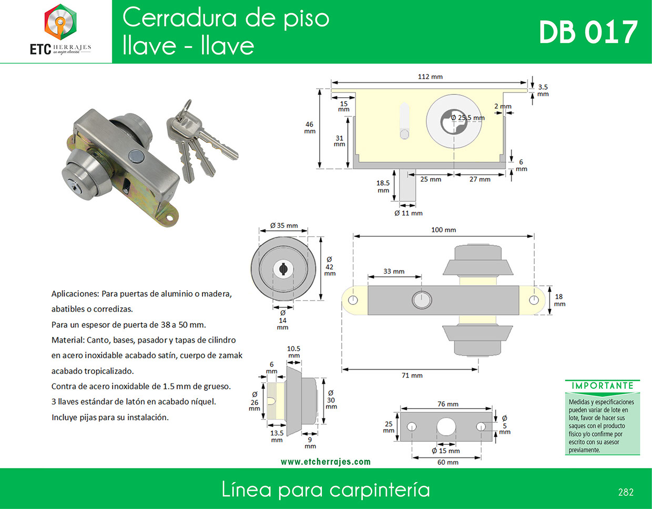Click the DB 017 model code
coord(588,32)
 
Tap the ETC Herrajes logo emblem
coord(60,22)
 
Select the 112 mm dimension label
coord(430,77)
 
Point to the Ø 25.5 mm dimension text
coord(468,118)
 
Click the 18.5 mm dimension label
coord(383,186)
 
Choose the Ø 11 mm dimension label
coord(409,213)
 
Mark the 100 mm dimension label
coord(443,230)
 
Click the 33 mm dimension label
coord(394,271)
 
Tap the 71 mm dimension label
coord(412,375)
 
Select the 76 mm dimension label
coord(447,404)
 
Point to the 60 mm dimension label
coord(447,462)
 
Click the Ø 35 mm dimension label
coord(284,225)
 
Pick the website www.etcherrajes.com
coord(325,462)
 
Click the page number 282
coord(626,492)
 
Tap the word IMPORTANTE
coord(603,386)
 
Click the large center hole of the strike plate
coord(446,427)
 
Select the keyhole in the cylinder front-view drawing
coord(283,269)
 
